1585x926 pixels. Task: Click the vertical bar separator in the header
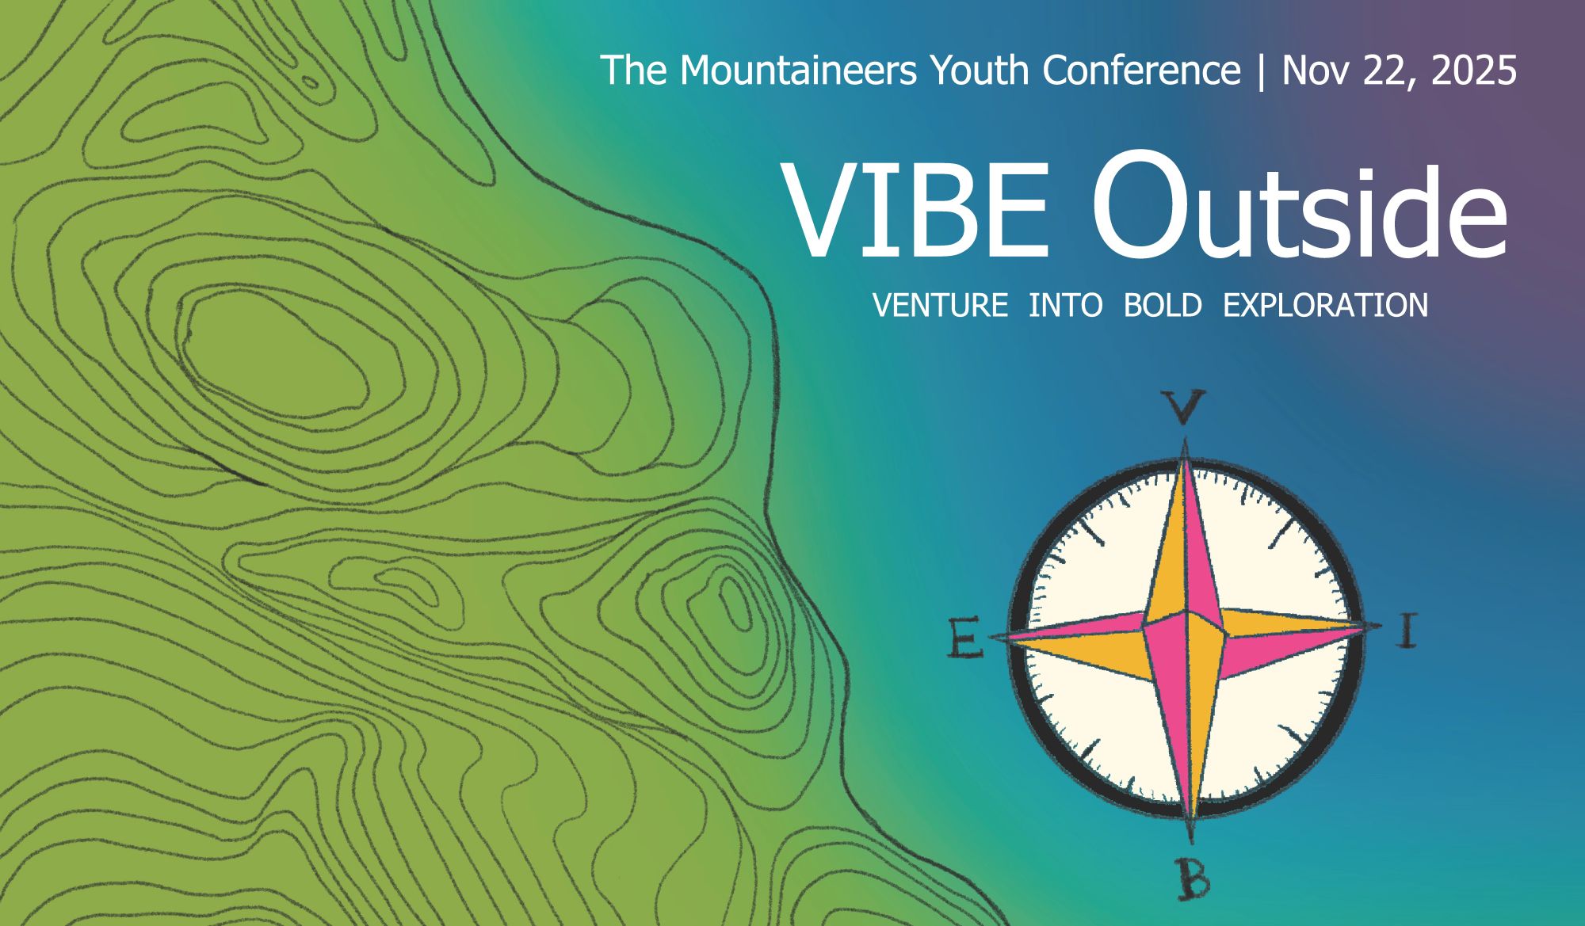pos(1262,71)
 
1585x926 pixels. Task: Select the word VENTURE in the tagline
pos(940,306)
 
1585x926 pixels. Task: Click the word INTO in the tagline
pos(1065,306)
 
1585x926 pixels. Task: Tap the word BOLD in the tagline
pos(1163,306)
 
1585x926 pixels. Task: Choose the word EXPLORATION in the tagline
pos(1325,306)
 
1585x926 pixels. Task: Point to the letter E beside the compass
pos(965,639)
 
